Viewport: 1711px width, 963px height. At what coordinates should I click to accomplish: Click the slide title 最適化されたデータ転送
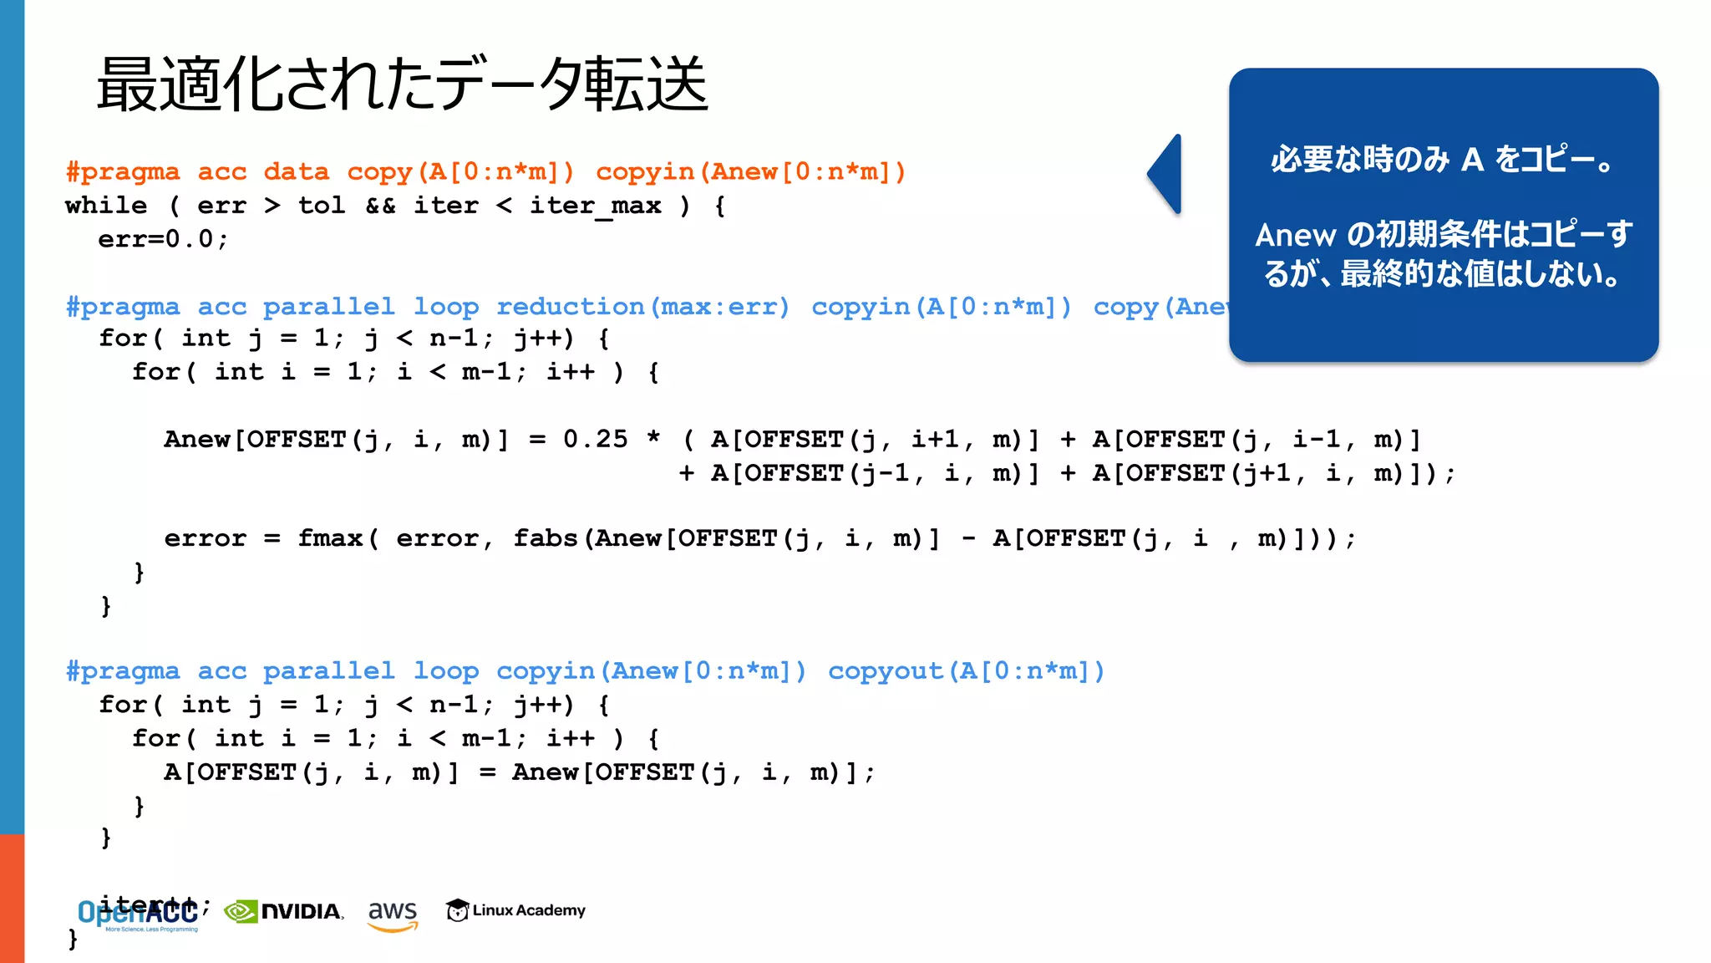click(402, 84)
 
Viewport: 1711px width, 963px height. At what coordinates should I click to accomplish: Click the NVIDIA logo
click(284, 911)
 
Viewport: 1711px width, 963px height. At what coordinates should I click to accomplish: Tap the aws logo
click(392, 914)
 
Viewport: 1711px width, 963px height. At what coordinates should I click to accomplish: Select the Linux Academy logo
click(515, 910)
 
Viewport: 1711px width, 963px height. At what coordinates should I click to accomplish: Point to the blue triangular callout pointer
click(1166, 174)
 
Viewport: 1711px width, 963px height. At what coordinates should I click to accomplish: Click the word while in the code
click(106, 206)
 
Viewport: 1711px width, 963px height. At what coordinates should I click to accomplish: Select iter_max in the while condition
click(595, 206)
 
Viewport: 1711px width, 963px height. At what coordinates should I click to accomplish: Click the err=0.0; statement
click(163, 239)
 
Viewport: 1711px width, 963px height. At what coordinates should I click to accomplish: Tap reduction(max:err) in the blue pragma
click(642, 307)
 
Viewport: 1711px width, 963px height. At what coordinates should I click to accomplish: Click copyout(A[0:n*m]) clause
click(966, 671)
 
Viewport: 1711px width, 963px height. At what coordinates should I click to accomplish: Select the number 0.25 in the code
click(595, 440)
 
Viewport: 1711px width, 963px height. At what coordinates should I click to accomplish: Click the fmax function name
click(330, 538)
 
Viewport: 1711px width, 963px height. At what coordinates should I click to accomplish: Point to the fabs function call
click(545, 538)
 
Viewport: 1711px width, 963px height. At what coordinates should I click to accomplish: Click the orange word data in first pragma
click(296, 172)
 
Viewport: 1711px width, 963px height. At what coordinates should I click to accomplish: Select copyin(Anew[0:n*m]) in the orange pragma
click(750, 172)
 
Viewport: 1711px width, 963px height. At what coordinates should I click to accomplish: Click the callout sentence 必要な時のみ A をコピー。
click(1443, 159)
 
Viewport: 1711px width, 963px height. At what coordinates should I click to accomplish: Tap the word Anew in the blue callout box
click(1295, 236)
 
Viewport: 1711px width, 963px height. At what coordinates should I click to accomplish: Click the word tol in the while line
click(322, 206)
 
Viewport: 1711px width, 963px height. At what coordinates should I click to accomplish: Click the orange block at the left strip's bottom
click(12, 898)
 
